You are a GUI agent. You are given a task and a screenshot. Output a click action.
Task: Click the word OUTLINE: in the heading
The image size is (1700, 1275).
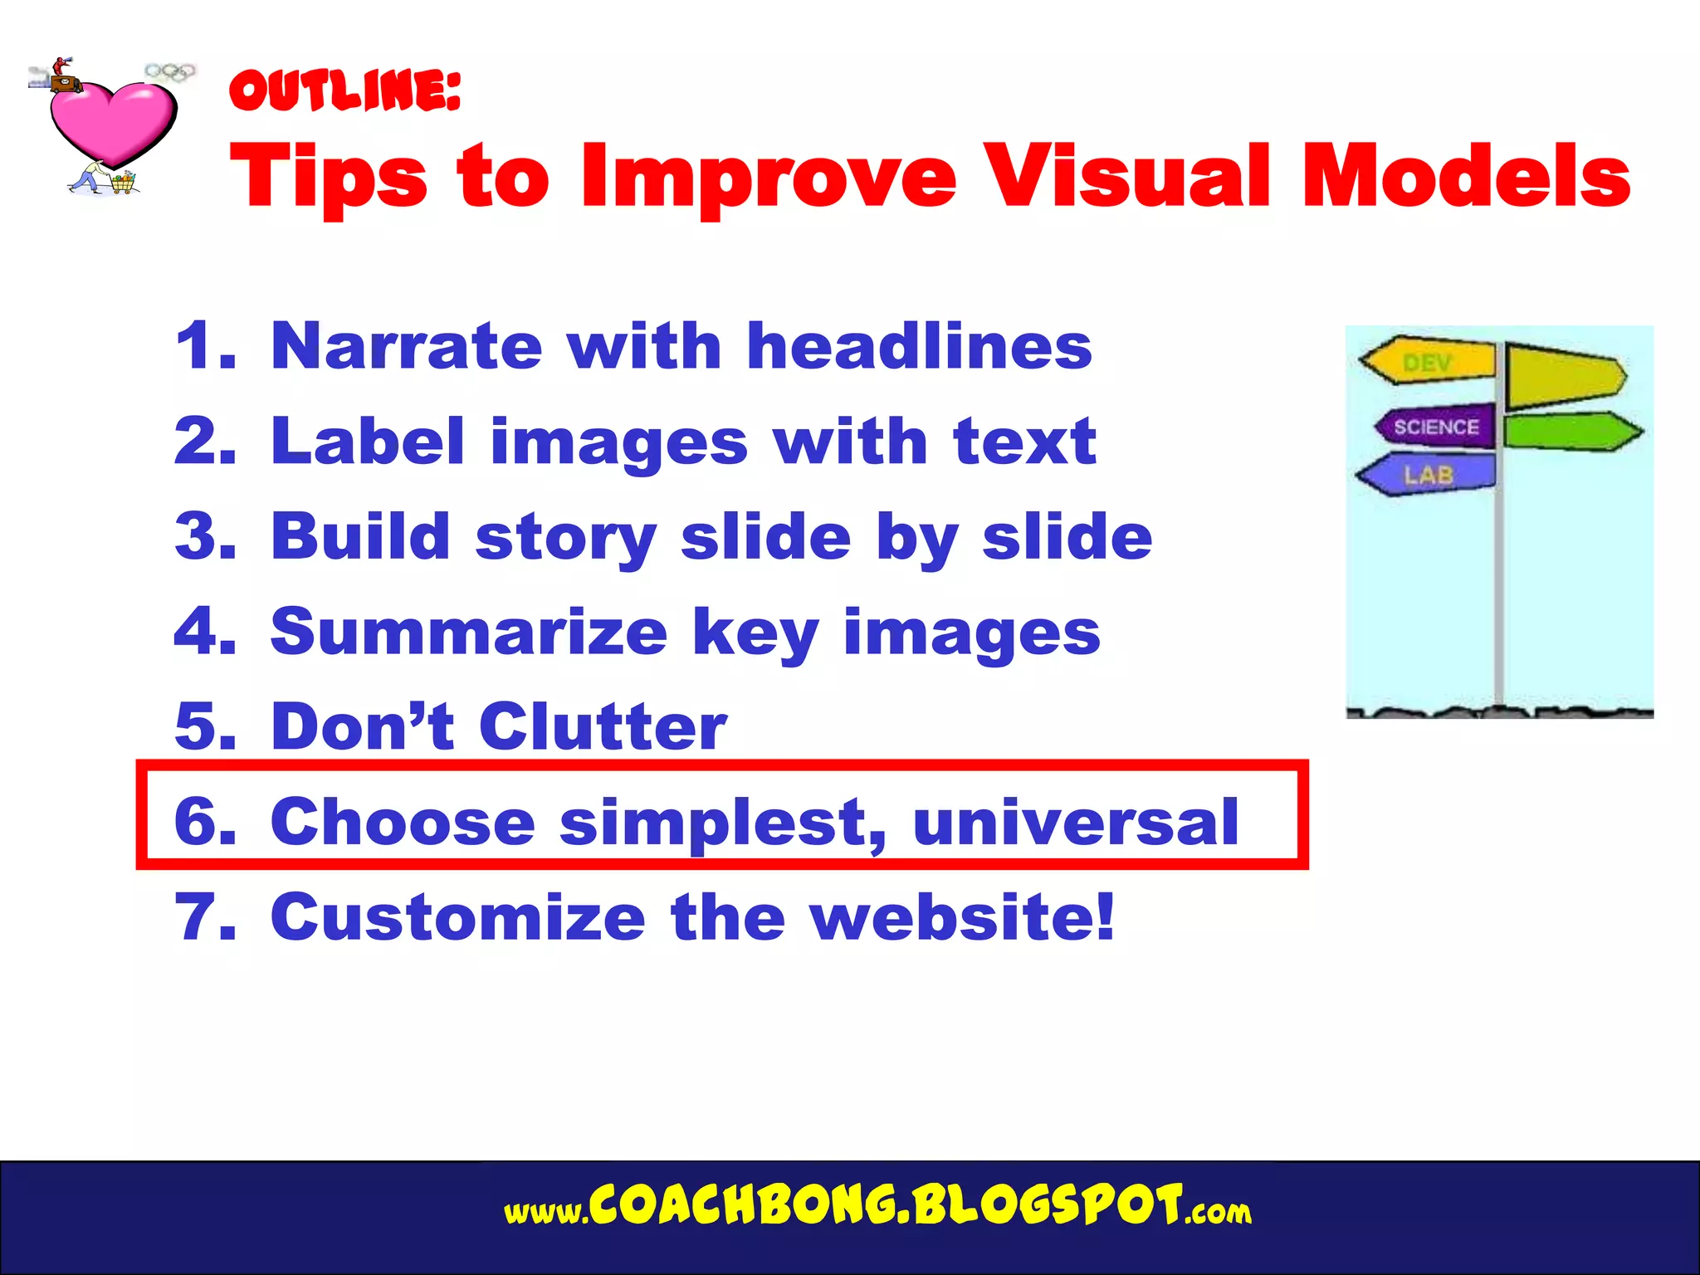coord(344,90)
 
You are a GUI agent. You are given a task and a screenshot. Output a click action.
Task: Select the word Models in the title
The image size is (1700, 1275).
coord(1466,176)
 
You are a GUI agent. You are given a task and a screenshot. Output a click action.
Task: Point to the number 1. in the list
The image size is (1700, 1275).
coord(204,346)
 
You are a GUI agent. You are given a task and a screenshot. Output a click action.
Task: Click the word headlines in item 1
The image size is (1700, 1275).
coord(919,346)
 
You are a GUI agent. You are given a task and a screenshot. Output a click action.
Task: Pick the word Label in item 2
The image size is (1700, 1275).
coord(368,442)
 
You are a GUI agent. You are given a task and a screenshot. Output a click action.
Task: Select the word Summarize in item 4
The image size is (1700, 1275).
coord(469,633)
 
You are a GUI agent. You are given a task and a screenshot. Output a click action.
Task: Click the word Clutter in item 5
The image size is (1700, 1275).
coord(603,727)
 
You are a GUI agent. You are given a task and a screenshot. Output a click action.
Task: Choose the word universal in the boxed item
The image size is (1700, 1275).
coord(1075,823)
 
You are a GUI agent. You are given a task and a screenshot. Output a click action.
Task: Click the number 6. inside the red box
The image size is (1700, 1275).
coord(204,823)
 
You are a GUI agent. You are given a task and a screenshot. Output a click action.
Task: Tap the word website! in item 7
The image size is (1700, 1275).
coord(963,918)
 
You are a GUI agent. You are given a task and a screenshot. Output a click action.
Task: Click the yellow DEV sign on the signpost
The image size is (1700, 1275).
coord(1428,362)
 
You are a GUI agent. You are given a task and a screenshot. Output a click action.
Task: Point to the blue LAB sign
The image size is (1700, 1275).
coord(1428,475)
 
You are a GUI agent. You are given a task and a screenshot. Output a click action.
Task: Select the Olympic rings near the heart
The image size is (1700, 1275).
coord(171,72)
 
